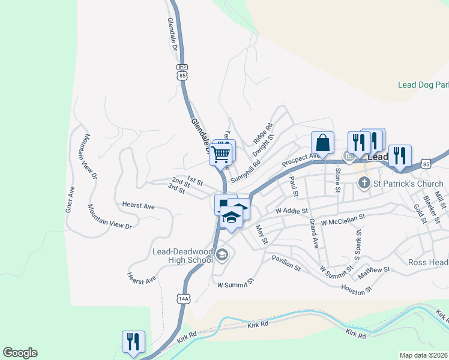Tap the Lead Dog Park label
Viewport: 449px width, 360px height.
423,85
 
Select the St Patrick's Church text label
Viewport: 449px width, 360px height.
408,183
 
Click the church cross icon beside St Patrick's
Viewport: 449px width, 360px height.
364,183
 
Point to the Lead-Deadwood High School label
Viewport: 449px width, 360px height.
182,255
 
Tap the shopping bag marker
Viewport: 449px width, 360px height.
322,143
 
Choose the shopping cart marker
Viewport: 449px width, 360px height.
220,154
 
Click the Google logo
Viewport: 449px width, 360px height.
20,353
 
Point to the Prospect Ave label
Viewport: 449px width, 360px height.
301,160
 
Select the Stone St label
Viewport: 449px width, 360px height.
338,179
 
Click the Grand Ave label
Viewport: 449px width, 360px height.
313,233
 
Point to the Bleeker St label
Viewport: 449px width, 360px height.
431,206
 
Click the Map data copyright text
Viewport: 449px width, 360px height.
424,355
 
